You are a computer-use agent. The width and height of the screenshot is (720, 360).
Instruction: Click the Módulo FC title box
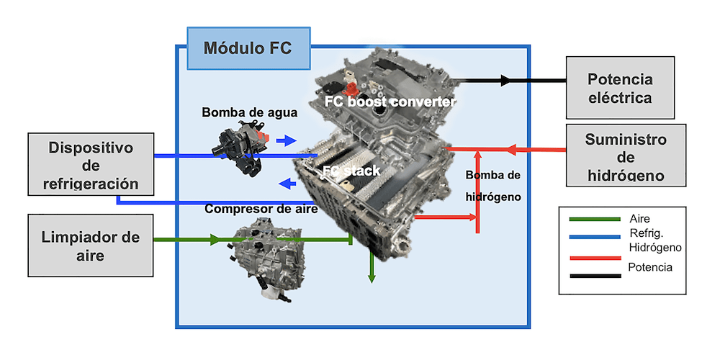248,48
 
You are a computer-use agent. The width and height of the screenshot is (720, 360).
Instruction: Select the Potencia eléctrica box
619,88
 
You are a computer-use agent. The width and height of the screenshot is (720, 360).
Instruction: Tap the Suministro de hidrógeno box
625,156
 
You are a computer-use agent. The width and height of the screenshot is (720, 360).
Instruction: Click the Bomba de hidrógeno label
492,185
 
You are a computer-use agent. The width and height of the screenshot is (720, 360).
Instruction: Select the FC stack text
351,171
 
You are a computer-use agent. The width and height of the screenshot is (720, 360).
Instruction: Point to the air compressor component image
270,256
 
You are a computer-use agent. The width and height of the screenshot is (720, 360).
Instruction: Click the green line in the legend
594,218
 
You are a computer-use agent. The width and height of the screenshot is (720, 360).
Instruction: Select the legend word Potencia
650,267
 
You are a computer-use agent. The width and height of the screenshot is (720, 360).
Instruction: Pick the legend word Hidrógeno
654,247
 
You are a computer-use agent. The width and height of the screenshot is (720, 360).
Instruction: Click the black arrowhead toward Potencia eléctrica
505,81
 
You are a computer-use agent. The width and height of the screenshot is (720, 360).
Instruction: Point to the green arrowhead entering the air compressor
214,240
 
